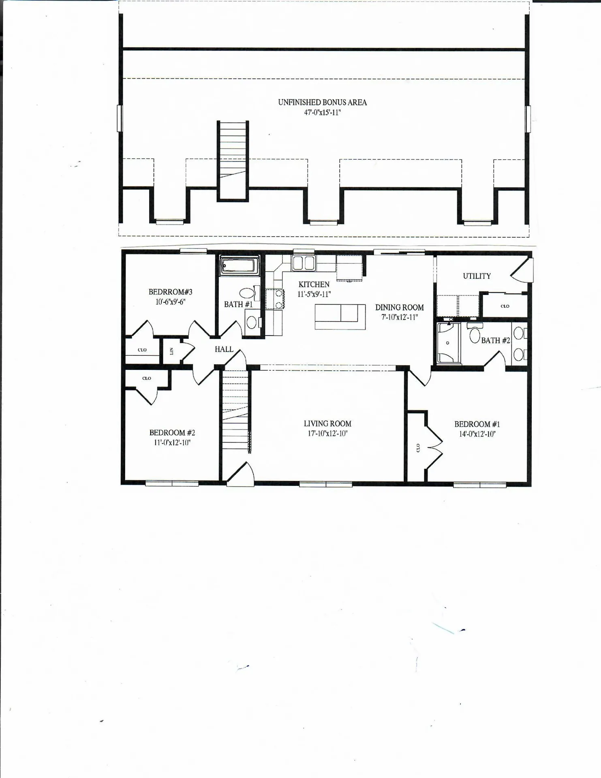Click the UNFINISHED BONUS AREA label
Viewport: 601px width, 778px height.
[x=322, y=103]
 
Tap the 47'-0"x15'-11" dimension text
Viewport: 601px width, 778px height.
[x=322, y=113]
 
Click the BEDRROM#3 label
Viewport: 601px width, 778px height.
[x=170, y=292]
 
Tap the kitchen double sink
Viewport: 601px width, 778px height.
[x=304, y=263]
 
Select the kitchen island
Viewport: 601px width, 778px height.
[x=340, y=317]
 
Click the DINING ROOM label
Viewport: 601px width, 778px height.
[x=399, y=308]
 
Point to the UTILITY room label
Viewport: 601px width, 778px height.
[x=477, y=276]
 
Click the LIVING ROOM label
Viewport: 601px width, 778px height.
[x=327, y=423]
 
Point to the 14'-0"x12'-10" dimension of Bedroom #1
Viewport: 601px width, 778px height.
[x=477, y=434]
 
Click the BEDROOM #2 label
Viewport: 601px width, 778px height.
[x=172, y=433]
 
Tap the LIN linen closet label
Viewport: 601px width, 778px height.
[x=171, y=351]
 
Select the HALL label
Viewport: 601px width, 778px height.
[x=224, y=349]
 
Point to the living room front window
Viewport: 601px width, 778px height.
[x=325, y=484]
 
